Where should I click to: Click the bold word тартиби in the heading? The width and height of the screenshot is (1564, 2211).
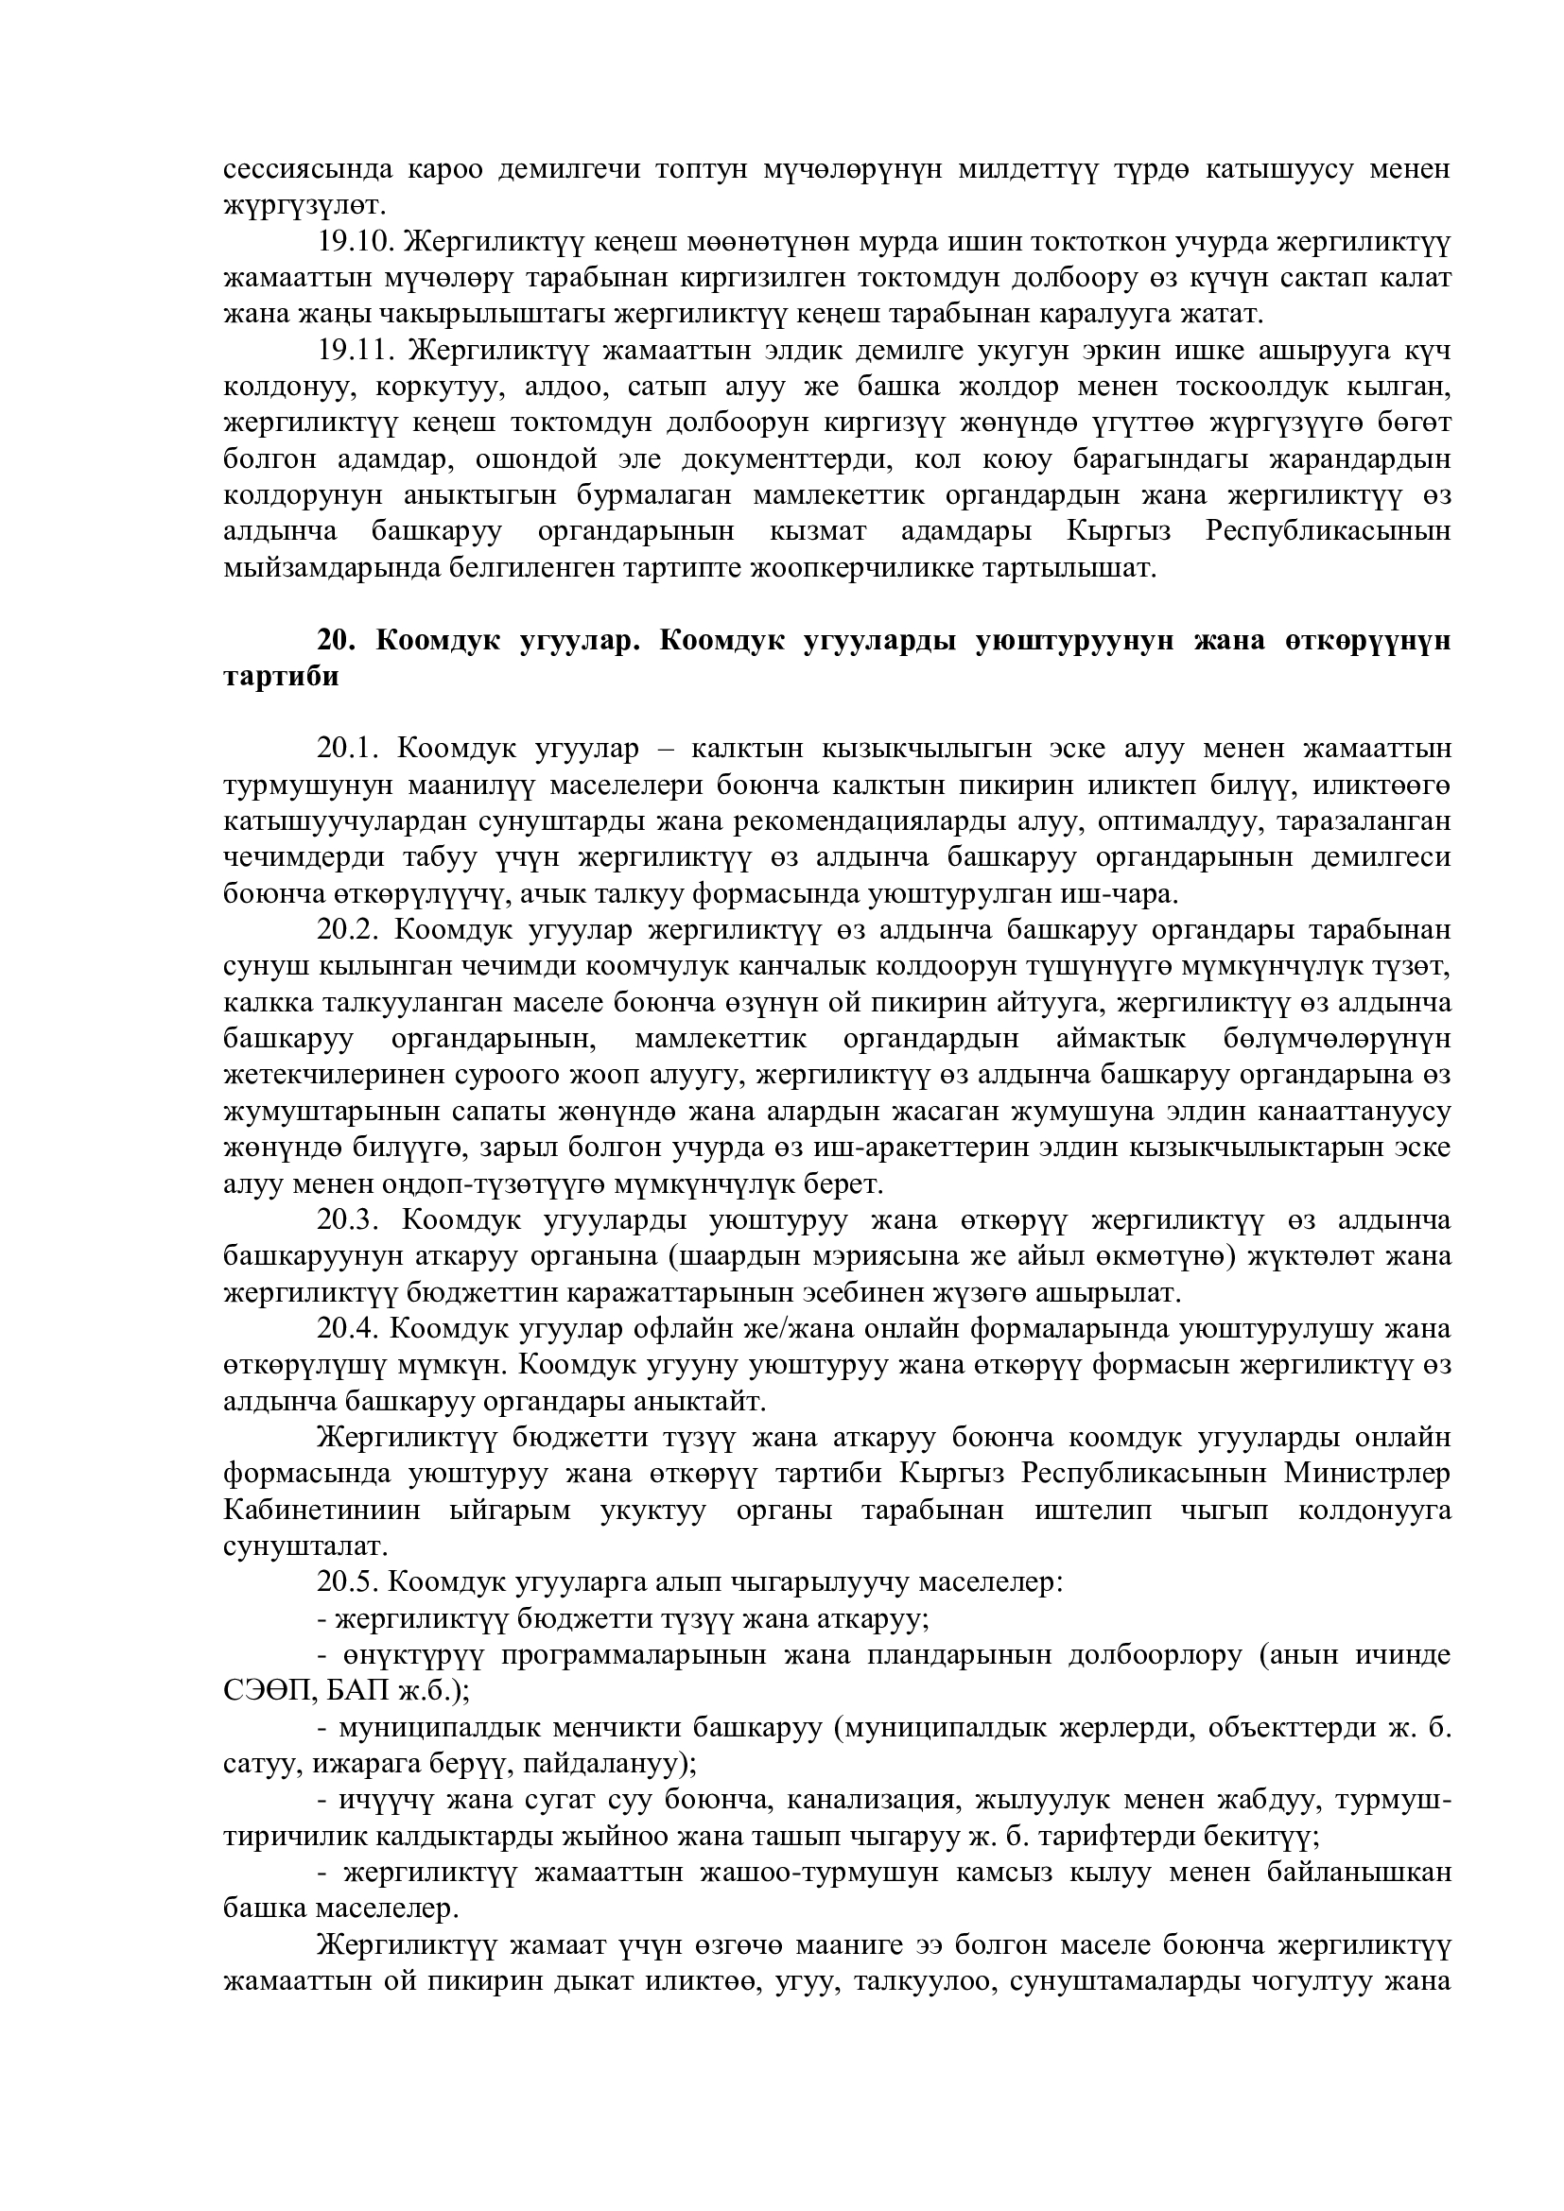(281, 676)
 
